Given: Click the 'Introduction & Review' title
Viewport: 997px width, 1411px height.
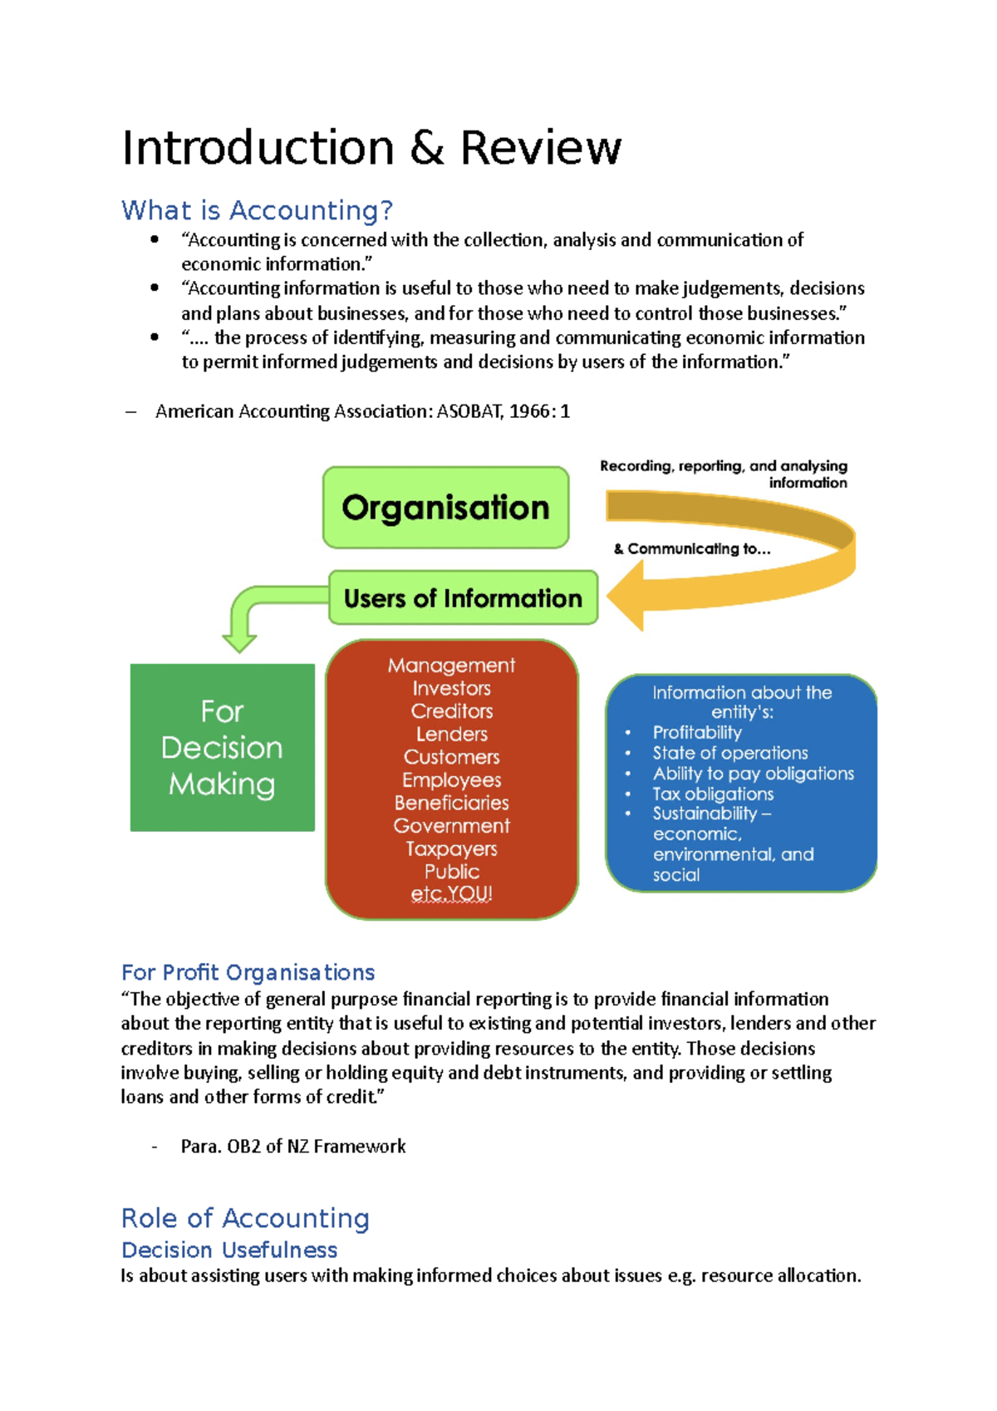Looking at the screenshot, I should coord(371,148).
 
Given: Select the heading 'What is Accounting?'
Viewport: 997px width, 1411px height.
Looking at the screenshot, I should coord(257,210).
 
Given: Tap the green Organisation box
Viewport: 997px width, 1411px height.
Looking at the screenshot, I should coord(445,508).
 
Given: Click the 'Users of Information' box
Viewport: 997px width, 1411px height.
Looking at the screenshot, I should coord(463,598).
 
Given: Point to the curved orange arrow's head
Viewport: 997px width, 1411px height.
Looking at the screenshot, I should coord(626,596).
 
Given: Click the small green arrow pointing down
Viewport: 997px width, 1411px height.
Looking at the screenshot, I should coord(239,640).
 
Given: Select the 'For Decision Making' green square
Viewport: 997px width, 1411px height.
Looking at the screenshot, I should coord(222,747).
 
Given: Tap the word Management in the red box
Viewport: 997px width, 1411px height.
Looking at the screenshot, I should coord(451,666).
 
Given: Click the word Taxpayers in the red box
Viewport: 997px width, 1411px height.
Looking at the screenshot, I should coord(451,849).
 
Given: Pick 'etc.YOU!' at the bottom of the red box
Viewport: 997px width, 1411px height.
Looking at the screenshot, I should coord(451,894).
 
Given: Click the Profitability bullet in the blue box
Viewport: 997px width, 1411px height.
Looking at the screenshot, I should coord(696,733).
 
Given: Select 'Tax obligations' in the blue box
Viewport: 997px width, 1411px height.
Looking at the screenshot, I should coord(713,794).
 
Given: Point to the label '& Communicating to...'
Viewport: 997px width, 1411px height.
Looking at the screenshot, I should coord(692,549).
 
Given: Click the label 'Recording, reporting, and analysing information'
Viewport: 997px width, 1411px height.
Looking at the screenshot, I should coord(724,474).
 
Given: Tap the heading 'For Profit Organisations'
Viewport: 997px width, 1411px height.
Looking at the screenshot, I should coord(248,972).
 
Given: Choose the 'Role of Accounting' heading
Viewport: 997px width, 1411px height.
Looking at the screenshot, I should coord(245,1218).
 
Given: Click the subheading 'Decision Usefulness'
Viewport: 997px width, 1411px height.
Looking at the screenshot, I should coord(229,1250).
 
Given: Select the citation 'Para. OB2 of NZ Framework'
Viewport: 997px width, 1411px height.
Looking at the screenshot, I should coord(293,1147).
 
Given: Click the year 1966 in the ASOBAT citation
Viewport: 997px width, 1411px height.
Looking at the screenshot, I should coord(529,411).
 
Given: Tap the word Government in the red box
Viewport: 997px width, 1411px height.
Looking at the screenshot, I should coord(451,826).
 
